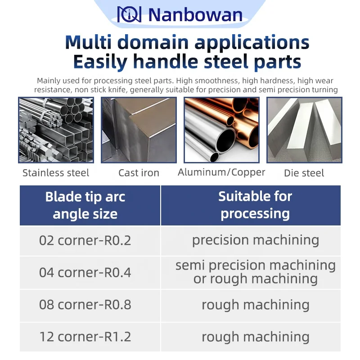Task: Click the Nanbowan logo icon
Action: (129, 14)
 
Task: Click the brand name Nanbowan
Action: (195, 15)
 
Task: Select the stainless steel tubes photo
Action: (56, 130)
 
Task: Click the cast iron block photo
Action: (139, 130)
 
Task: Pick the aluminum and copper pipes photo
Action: (221, 130)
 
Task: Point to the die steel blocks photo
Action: (304, 130)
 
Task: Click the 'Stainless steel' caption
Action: (56, 173)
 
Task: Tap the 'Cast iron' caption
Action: (139, 173)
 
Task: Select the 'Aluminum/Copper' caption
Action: (221, 172)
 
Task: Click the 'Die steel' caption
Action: (304, 173)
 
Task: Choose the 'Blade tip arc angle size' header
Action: (85, 205)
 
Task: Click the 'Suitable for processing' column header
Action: (255, 205)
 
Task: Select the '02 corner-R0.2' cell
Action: (85, 240)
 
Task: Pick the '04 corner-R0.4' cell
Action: (85, 272)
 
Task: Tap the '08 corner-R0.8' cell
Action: (85, 305)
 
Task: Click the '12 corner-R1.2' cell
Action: (85, 337)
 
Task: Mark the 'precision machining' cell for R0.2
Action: (255, 240)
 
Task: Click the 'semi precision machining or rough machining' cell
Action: (255, 272)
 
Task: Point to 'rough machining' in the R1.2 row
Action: (255, 337)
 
